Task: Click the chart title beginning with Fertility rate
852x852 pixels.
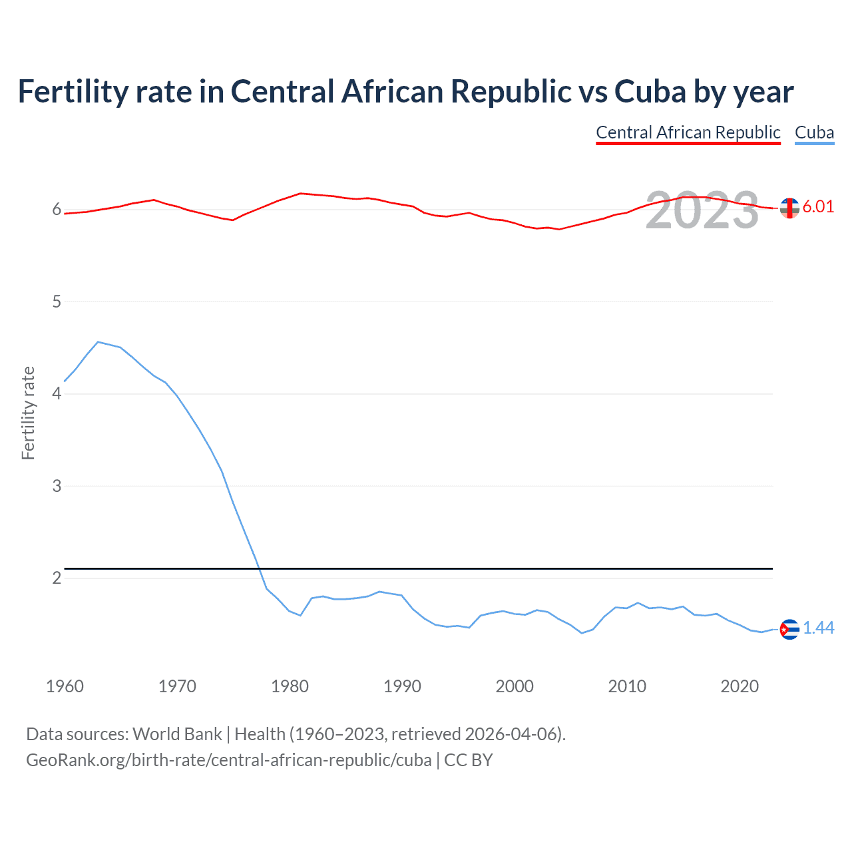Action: (405, 92)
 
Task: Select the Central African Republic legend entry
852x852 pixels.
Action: (688, 132)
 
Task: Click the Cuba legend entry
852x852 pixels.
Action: (814, 132)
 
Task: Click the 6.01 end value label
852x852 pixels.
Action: (818, 206)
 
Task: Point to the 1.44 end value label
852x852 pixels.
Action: (818, 628)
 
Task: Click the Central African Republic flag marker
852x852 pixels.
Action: (789, 208)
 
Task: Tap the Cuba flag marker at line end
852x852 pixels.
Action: (789, 629)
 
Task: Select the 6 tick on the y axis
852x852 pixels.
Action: (57, 210)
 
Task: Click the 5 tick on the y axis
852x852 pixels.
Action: (57, 302)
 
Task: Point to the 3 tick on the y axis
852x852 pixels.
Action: (57, 486)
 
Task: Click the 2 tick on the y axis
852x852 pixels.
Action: (57, 578)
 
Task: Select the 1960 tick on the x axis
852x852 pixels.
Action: (65, 686)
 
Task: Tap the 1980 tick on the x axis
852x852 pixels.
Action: (290, 686)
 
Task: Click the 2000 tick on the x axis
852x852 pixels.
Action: (515, 686)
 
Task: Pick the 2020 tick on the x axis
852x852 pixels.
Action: (740, 686)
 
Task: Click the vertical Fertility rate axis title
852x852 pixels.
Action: (28, 413)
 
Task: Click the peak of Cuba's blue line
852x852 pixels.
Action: (98, 342)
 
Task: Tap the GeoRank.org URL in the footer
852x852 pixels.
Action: (229, 760)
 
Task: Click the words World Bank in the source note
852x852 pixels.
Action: (177, 734)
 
